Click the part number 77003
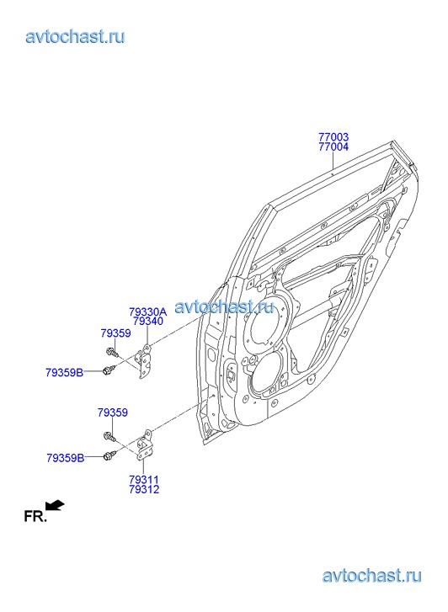point(333,137)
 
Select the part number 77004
point(333,146)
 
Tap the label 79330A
point(147,311)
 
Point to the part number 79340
point(147,322)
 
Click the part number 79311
point(144,480)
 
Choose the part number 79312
point(144,489)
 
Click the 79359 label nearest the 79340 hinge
point(115,333)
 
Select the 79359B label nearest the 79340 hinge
point(65,373)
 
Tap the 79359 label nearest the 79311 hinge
point(113,412)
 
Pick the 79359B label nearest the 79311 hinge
point(65,458)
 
